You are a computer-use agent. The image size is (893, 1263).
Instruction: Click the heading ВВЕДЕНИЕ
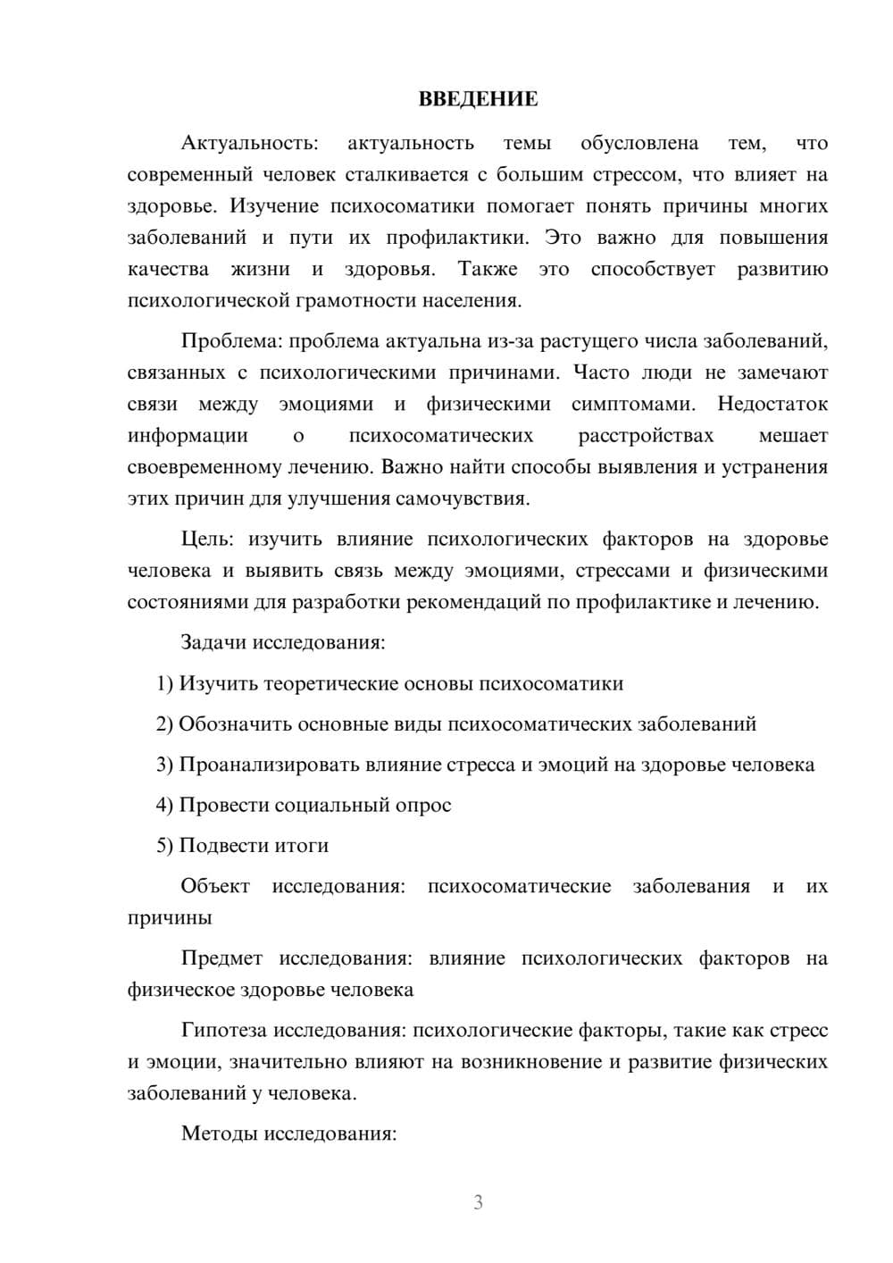[x=478, y=99]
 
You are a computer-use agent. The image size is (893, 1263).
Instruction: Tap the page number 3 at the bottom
[x=478, y=1202]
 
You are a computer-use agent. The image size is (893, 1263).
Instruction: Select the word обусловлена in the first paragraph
[x=638, y=143]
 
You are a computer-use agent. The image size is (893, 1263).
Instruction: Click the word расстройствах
[x=646, y=436]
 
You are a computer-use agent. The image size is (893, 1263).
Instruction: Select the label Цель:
[x=208, y=539]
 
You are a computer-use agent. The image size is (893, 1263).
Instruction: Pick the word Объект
[x=215, y=886]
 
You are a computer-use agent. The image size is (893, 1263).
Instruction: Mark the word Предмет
[x=221, y=958]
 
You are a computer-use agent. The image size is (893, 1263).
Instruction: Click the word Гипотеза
[x=223, y=1031]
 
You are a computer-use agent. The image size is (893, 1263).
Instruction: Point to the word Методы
[x=215, y=1134]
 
